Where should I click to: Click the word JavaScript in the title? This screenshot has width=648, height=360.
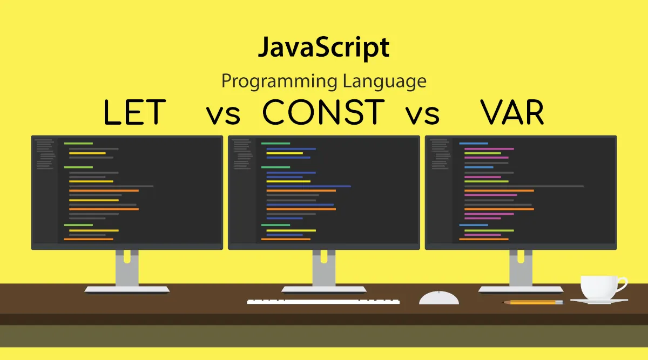pos(323,49)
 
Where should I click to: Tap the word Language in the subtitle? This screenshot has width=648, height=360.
pos(384,81)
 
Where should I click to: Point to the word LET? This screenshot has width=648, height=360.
pos(134,113)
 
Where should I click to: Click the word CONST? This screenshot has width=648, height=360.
pos(323,113)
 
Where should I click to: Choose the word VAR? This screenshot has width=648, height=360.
pos(512,113)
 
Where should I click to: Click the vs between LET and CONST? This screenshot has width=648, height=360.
pos(222,114)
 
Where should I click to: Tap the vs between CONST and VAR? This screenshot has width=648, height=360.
pos(422,114)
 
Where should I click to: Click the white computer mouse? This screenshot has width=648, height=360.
pos(439,297)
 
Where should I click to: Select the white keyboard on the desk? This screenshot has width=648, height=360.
pos(323,301)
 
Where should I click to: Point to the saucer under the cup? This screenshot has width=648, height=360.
pos(599,301)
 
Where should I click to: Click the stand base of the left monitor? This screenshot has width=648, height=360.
pos(127,290)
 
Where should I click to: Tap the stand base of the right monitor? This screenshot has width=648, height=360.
pos(521,290)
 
